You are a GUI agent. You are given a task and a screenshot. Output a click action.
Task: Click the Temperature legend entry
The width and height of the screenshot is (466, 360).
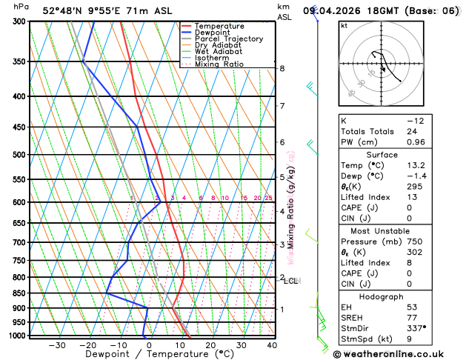tap(220, 26)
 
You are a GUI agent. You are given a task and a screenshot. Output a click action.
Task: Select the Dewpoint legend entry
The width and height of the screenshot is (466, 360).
tap(215, 33)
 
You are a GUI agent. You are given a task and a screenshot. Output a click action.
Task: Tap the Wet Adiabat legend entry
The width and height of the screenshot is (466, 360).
tap(218, 52)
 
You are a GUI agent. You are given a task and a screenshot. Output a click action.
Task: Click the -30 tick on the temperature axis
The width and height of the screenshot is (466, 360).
tap(57, 345)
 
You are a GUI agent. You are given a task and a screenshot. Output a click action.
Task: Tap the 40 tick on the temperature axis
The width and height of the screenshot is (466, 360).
tap(272, 345)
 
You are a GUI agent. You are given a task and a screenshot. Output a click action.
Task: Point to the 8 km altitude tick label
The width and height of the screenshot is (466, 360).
tap(282, 69)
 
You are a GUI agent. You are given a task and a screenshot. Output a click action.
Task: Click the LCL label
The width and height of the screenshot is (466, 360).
tap(290, 281)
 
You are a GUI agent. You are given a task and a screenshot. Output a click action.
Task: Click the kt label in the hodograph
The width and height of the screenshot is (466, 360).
tap(344, 25)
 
